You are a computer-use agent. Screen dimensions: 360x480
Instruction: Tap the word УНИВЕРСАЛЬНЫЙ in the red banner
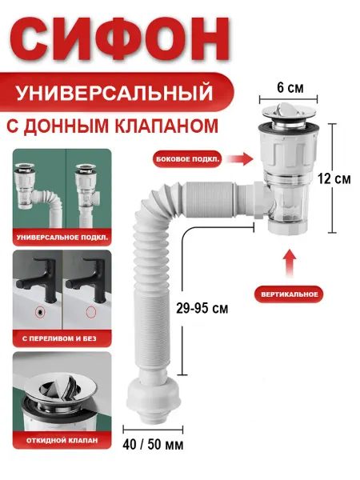click(114, 93)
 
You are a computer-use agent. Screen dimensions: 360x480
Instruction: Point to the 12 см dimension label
click(334, 178)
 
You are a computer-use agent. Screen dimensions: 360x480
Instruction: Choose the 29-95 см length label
click(202, 308)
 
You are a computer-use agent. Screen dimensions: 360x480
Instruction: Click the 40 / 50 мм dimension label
click(153, 445)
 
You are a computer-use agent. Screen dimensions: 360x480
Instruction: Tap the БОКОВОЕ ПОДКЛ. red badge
click(186, 159)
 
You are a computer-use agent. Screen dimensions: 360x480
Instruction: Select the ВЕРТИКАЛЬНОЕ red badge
click(290, 294)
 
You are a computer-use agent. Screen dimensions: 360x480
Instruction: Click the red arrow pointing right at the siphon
click(240, 159)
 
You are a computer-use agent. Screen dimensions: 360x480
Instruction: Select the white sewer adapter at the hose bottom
click(153, 398)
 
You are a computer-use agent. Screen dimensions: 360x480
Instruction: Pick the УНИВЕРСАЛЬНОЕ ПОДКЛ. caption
click(62, 238)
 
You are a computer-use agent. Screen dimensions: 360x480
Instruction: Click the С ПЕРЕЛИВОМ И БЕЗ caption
click(59, 338)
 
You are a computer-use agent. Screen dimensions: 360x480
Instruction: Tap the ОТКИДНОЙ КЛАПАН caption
click(62, 441)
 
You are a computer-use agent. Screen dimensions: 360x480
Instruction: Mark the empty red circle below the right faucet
click(91, 312)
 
